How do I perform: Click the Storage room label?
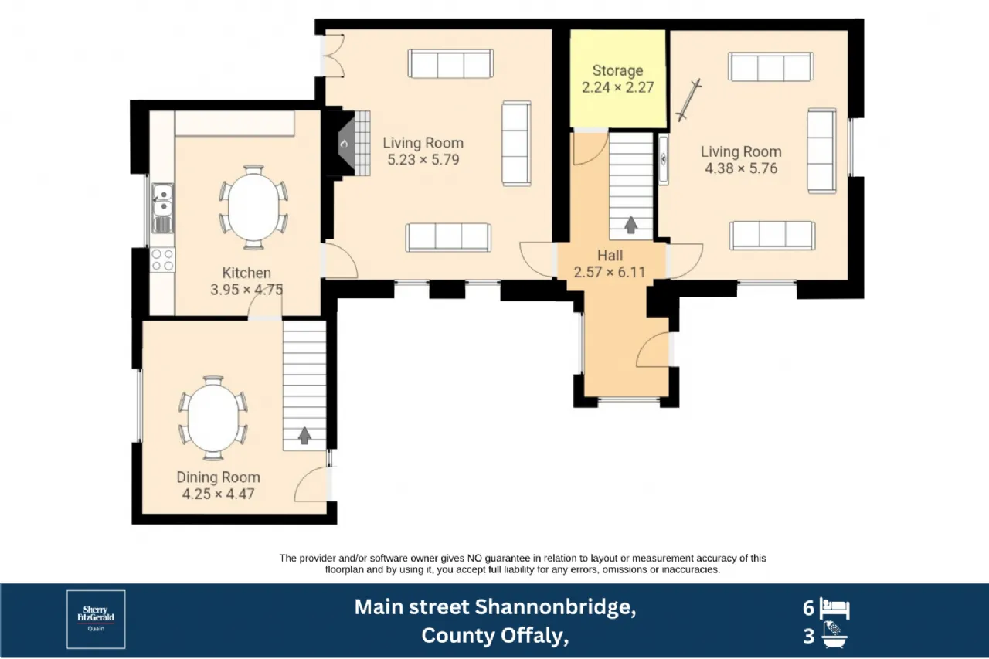[x=617, y=70]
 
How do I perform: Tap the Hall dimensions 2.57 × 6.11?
[x=610, y=273]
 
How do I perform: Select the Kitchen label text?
[x=246, y=273]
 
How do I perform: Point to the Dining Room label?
[x=218, y=477]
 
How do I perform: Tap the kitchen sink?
[x=162, y=208]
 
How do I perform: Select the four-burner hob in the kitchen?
[x=162, y=260]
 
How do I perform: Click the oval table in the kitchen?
[x=253, y=208]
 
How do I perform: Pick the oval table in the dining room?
[x=212, y=418]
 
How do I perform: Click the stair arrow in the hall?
[x=631, y=225]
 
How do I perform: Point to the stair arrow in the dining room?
[x=304, y=435]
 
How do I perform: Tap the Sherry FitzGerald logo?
[x=96, y=620]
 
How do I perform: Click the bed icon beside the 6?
[x=834, y=609]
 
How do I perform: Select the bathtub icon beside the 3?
[x=834, y=635]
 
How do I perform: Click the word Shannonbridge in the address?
[x=556, y=607]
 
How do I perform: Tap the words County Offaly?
[x=494, y=636]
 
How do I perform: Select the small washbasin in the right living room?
[x=663, y=160]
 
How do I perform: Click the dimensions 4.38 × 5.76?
[x=741, y=168]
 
